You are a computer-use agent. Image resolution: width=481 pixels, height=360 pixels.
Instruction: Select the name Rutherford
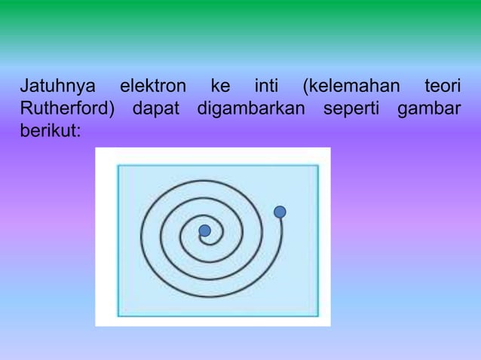pos(65,108)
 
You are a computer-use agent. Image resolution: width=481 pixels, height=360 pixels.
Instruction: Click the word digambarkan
pos(251,108)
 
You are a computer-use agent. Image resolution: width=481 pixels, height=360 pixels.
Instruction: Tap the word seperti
pos(351,109)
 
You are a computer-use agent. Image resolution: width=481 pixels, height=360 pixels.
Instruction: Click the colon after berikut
pos(78,132)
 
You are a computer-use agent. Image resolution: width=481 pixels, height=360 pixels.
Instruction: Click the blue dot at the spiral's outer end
pos(280,212)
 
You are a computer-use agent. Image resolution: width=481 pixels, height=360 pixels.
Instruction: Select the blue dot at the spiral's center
pos(204,230)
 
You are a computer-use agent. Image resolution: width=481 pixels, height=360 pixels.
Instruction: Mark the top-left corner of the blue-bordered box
pos(118,165)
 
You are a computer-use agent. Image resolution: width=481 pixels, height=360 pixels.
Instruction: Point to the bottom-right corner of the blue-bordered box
pos(318,315)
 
